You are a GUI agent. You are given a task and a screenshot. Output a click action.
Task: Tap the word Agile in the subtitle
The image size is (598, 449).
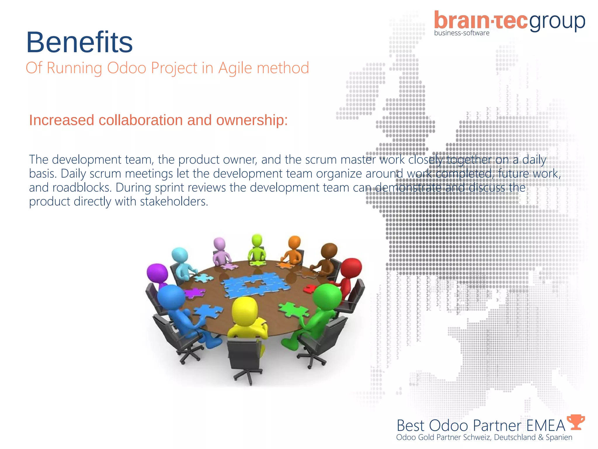235,68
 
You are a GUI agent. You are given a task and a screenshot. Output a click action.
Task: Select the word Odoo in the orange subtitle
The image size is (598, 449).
126,68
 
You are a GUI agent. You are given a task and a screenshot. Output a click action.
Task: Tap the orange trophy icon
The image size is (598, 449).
576,422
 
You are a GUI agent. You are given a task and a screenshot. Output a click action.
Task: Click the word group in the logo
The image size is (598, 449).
557,22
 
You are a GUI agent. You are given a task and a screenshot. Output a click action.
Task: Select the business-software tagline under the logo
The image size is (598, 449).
462,33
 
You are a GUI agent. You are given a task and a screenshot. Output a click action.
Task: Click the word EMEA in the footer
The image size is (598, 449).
546,426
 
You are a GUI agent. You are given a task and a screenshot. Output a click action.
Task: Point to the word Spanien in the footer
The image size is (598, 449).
559,437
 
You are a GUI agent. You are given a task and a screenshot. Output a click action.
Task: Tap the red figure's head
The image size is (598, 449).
351,268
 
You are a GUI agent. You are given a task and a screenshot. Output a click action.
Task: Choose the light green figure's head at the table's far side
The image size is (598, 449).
257,240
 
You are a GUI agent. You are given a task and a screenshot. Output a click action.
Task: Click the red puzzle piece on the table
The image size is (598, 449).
309,289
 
